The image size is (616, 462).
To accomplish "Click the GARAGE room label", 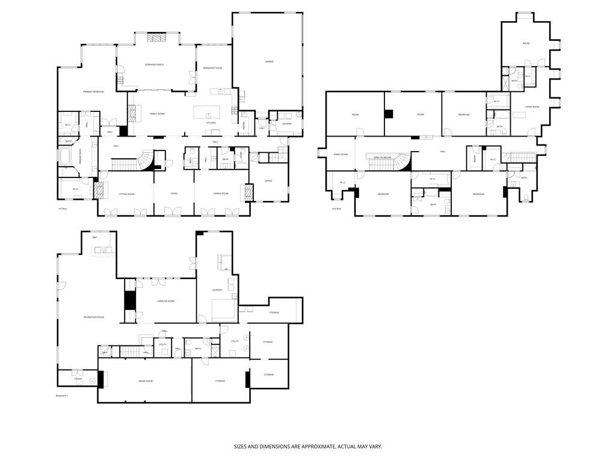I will click(x=269, y=61).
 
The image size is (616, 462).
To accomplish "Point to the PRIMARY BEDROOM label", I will click(x=93, y=91).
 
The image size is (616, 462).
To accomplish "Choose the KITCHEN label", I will click(x=211, y=123).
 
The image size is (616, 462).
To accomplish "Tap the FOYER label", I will click(x=174, y=194).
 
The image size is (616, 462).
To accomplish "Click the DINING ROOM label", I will click(x=221, y=194).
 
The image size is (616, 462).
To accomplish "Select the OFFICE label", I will click(x=268, y=181).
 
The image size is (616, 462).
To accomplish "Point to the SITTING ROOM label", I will click(x=126, y=194).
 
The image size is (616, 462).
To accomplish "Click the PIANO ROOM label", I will click(x=340, y=155).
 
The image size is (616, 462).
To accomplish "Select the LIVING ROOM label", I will click(x=532, y=107).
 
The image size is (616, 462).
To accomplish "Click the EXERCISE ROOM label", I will click(x=166, y=301).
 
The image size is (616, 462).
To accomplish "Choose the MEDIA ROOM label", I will click(x=145, y=381).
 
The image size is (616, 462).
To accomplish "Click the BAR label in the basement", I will click(x=94, y=238).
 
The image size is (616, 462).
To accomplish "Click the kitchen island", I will click(x=207, y=112).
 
